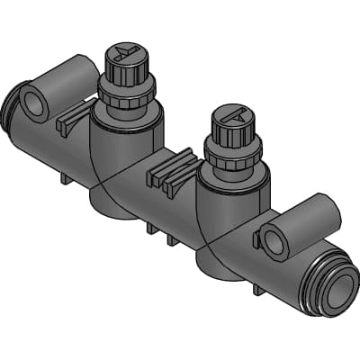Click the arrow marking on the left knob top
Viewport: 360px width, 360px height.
coord(125,52)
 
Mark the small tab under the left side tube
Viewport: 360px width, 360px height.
coord(66,177)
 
